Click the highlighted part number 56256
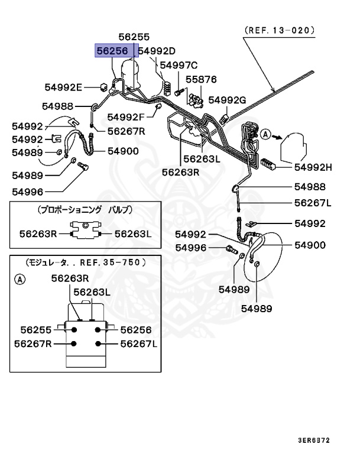(113, 51)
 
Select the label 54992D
(157, 51)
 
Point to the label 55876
(202, 79)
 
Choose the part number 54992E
(63, 87)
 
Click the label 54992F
(127, 116)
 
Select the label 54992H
(313, 167)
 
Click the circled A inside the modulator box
(20, 279)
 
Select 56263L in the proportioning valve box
(133, 234)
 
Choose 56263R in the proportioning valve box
(37, 234)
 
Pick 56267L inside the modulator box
(139, 343)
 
